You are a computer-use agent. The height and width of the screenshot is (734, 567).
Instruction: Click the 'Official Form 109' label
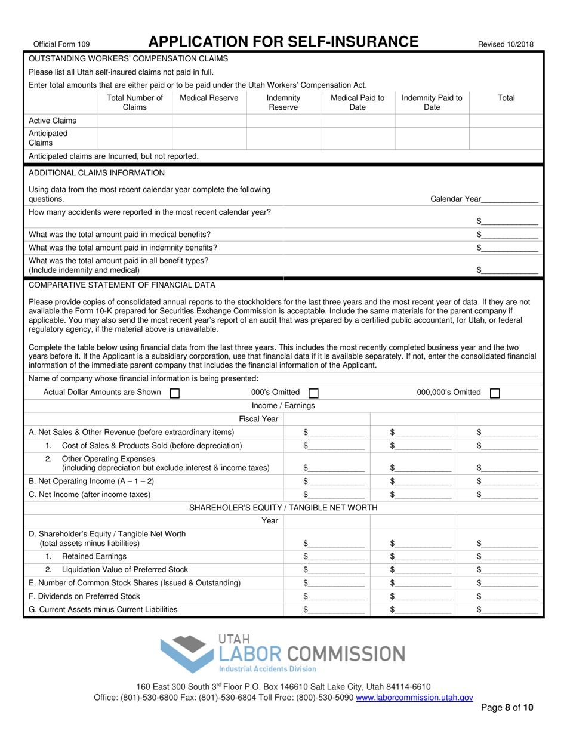point(61,44)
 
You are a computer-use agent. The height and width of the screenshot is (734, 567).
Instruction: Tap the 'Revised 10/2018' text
point(506,44)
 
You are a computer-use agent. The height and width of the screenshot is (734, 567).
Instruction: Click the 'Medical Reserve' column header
point(209,98)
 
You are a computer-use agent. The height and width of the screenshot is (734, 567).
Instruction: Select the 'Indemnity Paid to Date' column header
point(432,103)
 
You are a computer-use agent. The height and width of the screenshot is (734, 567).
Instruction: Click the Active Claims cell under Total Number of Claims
point(134,121)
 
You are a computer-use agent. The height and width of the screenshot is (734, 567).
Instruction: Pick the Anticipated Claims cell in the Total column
point(506,138)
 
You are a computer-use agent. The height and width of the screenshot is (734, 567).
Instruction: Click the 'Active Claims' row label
point(53,121)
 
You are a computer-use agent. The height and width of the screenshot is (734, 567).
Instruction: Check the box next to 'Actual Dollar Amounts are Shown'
point(175,393)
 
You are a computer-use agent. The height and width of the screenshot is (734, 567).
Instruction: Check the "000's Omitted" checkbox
point(313,393)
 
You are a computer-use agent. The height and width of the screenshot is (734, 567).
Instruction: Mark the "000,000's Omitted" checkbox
point(494,393)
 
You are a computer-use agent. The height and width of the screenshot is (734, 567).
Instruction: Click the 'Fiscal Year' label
point(258,419)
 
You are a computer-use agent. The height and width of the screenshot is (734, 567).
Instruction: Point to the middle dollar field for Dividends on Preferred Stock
point(424,596)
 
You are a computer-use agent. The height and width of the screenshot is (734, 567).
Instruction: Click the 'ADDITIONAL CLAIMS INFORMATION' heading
point(97,173)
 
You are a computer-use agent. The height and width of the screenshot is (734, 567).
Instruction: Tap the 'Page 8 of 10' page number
point(507,708)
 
